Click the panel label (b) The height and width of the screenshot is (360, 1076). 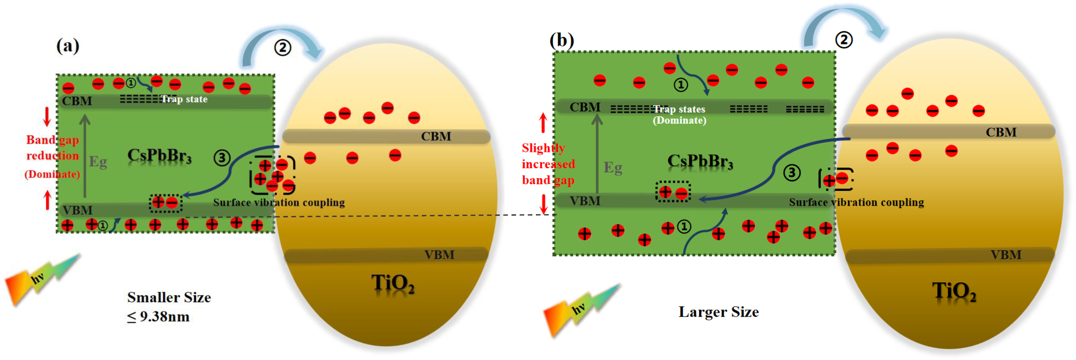(x=561, y=41)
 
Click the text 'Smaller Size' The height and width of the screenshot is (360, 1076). (x=169, y=297)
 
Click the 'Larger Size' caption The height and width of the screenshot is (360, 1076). (x=718, y=312)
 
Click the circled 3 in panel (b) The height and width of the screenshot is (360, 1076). (x=792, y=172)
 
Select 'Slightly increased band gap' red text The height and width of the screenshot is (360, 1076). (x=548, y=164)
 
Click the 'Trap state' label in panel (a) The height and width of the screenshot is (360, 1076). (x=184, y=99)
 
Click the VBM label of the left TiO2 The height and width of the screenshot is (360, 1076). (x=439, y=255)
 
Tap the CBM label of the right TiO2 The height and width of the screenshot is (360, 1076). (x=1001, y=132)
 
